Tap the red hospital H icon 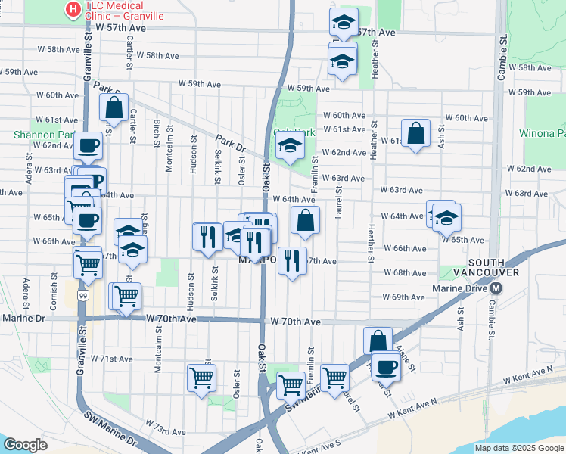73,10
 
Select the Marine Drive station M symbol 496,288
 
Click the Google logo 25,444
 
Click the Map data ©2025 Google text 519,448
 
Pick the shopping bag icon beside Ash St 415,133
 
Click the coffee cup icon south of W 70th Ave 385,366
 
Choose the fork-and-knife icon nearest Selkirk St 207,236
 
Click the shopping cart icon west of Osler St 201,377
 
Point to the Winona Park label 541,133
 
